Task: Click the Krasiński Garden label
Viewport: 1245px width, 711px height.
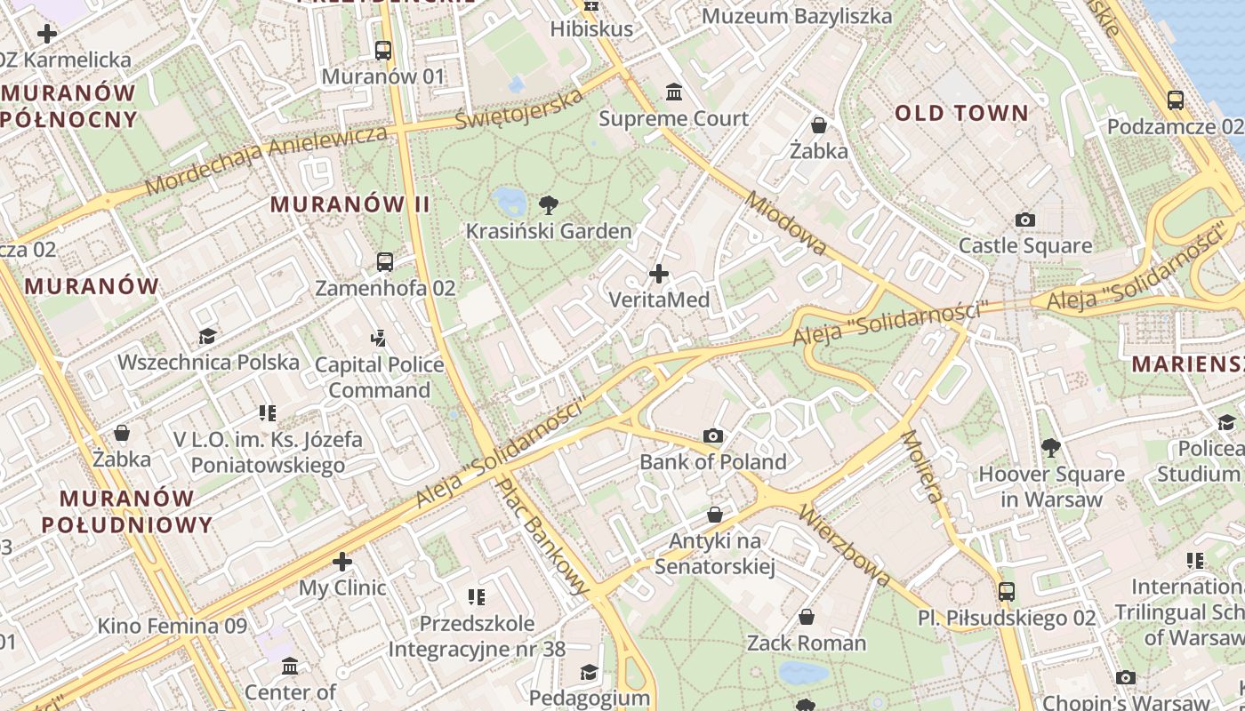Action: (549, 232)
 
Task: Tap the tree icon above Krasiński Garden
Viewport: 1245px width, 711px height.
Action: (549, 205)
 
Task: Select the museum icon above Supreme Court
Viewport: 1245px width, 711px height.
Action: (674, 92)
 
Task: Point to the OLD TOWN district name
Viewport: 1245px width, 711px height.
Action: (961, 113)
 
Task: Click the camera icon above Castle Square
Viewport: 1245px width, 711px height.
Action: (1025, 220)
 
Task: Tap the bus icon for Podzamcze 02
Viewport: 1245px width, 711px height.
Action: (1175, 100)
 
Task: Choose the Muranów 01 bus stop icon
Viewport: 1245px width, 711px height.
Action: (383, 51)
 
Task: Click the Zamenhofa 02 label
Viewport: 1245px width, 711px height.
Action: (385, 288)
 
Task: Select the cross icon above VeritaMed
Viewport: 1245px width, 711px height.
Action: (659, 274)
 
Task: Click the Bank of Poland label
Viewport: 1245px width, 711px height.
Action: (713, 461)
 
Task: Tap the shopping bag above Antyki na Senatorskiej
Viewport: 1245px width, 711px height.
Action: (714, 515)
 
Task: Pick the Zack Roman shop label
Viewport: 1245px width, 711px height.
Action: (807, 643)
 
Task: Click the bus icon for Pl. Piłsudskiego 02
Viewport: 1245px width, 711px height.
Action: (1007, 591)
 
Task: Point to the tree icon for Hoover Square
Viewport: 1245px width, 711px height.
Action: (1051, 447)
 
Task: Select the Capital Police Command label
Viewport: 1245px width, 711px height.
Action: (380, 378)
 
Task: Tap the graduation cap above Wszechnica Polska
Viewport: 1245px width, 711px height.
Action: (208, 336)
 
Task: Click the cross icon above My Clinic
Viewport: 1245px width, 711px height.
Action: (342, 562)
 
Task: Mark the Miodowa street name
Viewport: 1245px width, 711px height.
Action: (787, 225)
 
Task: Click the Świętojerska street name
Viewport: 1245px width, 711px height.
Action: (519, 108)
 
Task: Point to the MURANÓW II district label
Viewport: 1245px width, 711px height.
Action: (350, 204)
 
